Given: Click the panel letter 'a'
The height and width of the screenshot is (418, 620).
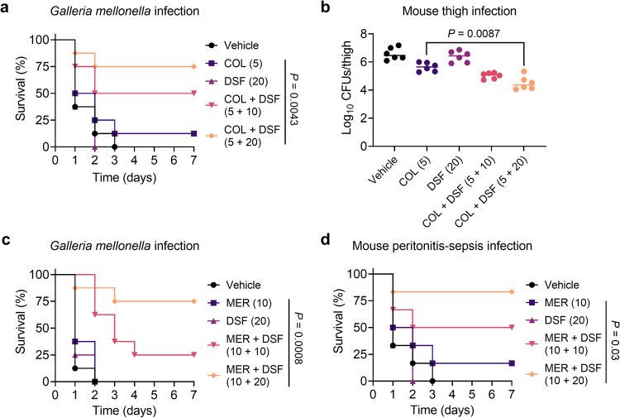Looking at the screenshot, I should tap(6, 7).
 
